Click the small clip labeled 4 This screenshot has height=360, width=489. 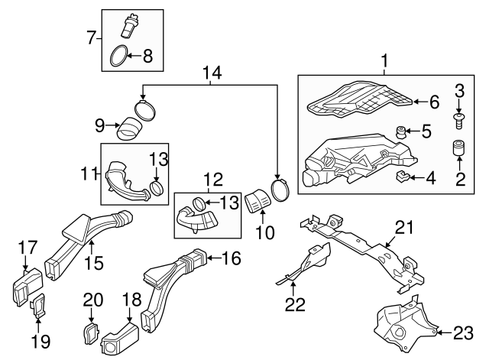(x=400, y=179)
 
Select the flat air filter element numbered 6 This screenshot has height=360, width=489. (x=359, y=99)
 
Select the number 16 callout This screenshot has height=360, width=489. (x=231, y=258)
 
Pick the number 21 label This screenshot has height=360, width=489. (x=403, y=227)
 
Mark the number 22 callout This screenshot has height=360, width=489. (x=294, y=304)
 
